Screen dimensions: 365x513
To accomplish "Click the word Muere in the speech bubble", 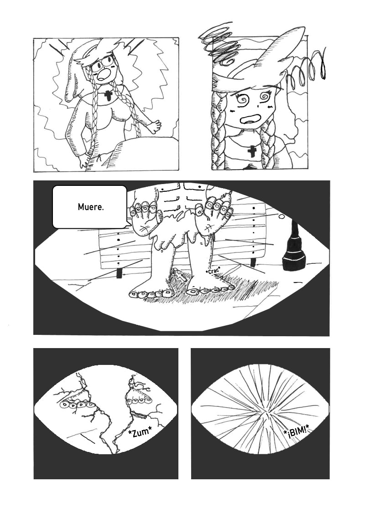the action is coord(90,207).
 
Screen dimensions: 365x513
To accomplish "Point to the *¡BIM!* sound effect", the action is coord(297,434).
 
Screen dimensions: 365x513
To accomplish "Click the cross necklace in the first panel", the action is coord(108,96).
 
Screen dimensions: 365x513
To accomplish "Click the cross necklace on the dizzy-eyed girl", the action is coord(252,151).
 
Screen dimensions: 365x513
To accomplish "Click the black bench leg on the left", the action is coord(120,273).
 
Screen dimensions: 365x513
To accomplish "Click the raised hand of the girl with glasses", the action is coord(155,126).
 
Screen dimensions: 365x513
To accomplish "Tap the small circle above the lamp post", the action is coord(281,216).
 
